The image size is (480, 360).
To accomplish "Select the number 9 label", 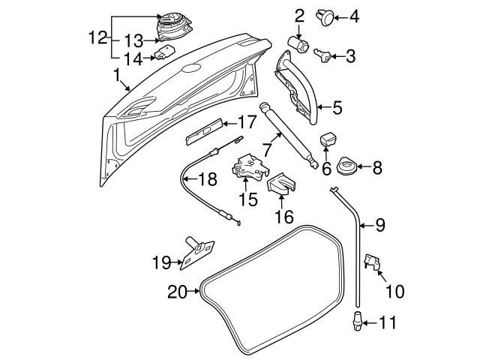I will pyautogui.click(x=379, y=224).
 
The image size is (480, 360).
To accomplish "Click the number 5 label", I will pyautogui.click(x=337, y=108).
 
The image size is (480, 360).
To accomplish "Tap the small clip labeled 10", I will pyautogui.click(x=373, y=262).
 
